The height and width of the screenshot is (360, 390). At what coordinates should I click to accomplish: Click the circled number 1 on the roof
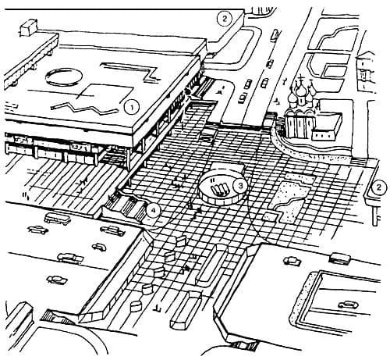point(132,108)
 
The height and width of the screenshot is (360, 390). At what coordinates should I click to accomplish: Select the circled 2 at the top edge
point(225,19)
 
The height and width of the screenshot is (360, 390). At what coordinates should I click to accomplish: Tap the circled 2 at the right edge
point(378,187)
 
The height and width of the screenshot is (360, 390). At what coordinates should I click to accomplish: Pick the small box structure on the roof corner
point(29,27)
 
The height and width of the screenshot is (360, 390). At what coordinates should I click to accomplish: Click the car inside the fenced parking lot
point(349,304)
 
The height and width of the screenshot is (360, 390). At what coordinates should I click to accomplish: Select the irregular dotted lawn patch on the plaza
point(292,199)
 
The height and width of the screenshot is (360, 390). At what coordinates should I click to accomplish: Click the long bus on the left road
point(58,219)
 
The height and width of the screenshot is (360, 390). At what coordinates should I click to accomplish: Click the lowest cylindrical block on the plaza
point(136,306)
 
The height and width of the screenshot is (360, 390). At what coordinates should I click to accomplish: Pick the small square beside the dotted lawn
point(269,217)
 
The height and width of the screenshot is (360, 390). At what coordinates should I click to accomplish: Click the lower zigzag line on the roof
point(86,108)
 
